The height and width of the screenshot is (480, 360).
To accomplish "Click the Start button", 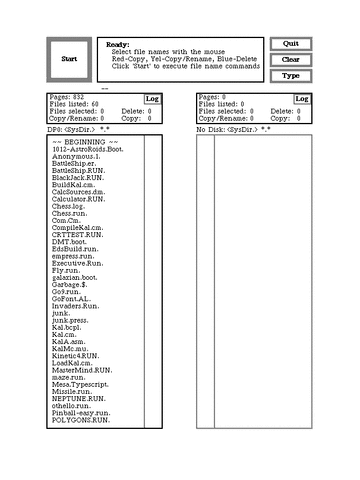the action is (69, 59).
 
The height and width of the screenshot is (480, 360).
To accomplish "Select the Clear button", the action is (291, 60).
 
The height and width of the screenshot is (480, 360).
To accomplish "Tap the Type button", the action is (291, 75).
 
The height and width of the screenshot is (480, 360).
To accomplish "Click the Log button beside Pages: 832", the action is (152, 99).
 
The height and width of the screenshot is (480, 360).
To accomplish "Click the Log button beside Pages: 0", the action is (301, 99).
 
